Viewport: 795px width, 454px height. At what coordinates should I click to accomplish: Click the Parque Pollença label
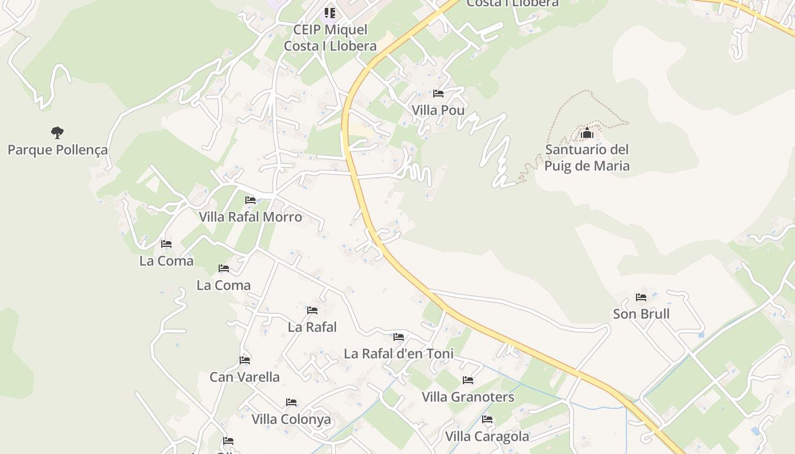point(57,150)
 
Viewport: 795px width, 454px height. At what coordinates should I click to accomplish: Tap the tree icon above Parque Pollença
point(57,133)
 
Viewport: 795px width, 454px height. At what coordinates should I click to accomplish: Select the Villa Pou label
point(438,110)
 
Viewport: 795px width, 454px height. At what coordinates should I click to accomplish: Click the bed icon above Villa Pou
point(438,93)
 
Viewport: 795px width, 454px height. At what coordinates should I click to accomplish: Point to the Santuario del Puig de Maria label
point(587,158)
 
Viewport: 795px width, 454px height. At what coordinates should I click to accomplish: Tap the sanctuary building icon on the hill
point(587,133)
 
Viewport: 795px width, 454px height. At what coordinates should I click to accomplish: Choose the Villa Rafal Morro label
point(250,217)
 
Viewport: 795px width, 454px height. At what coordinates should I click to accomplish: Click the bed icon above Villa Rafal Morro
point(250,200)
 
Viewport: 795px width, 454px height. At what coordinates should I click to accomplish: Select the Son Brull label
point(641,314)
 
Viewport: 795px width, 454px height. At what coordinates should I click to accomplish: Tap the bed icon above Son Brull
point(641,297)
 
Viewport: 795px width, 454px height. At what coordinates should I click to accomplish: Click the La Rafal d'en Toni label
point(399,354)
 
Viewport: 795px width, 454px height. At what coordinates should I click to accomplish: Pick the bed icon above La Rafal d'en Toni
point(399,337)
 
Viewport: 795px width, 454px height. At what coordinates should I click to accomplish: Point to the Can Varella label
point(245,377)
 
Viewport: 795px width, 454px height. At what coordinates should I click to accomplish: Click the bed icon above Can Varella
point(245,360)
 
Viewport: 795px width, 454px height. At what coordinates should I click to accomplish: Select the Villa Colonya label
point(291,419)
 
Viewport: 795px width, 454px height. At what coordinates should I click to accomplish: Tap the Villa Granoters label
point(468,397)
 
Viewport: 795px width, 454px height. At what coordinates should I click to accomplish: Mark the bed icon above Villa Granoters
point(468,380)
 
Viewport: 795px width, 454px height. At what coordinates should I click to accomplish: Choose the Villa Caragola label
point(487,436)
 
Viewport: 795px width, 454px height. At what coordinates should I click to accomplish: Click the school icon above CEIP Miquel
point(330,12)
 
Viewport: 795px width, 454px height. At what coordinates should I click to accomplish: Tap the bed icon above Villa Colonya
point(291,402)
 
